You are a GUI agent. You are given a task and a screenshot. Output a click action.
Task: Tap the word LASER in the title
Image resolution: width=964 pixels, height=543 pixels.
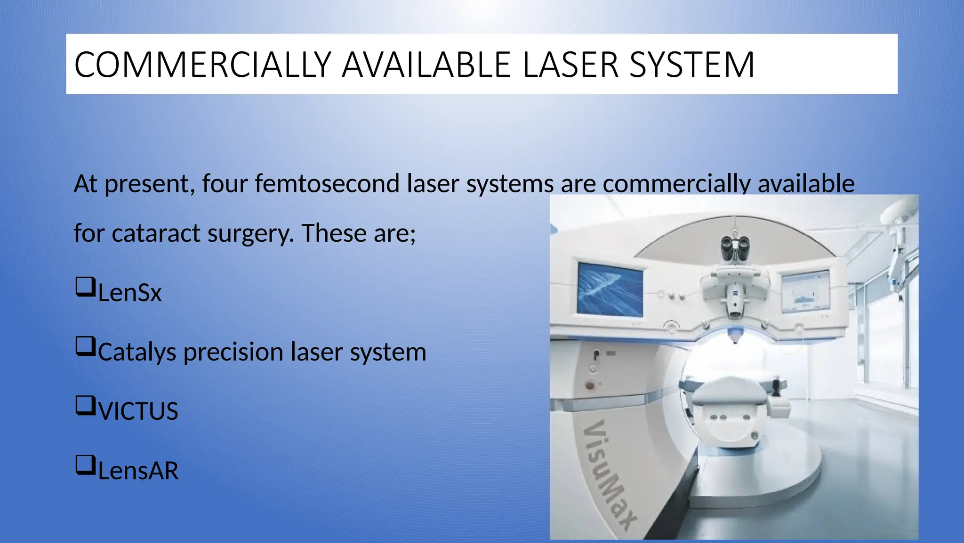coord(570,65)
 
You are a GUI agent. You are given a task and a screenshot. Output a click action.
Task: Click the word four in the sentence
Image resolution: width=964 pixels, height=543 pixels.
coord(225,183)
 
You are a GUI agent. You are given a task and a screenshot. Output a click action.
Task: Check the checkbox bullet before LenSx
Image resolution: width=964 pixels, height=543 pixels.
coord(85,287)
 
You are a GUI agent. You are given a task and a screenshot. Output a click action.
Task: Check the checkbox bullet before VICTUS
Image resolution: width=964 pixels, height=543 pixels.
coord(85,406)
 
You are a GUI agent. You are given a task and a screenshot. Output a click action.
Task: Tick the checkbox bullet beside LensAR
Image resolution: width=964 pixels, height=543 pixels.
coord(85,465)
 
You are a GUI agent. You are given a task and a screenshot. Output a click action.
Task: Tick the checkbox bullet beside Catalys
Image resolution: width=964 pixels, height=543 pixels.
coord(85,346)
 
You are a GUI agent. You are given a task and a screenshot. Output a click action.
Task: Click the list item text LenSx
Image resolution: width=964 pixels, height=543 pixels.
coord(130,293)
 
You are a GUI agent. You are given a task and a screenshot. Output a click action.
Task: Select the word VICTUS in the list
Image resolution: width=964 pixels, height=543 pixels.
coord(138,411)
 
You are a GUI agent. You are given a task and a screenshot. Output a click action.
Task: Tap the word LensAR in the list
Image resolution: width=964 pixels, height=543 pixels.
coord(138,471)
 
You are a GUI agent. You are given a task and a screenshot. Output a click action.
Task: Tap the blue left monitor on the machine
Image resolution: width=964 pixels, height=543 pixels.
coord(610,289)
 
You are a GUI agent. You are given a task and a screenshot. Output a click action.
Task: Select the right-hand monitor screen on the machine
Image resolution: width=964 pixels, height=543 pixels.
coord(806,292)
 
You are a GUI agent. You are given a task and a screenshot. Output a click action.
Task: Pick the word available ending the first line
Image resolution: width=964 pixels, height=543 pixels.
coord(806,183)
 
